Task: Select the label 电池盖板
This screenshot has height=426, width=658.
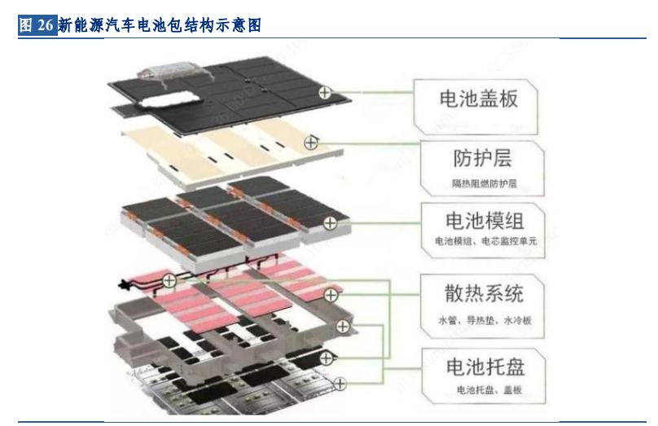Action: point(478,99)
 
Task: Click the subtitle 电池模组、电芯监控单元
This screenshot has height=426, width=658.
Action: point(485,242)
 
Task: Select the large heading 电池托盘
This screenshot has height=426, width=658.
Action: point(484,367)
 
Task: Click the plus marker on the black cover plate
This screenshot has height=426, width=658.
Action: point(325,93)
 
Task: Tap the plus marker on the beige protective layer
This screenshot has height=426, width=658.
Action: point(310,143)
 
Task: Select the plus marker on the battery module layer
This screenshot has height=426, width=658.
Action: point(330,222)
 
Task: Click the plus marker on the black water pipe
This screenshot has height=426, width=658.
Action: point(169,281)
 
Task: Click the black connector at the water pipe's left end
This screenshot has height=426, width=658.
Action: point(125,285)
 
